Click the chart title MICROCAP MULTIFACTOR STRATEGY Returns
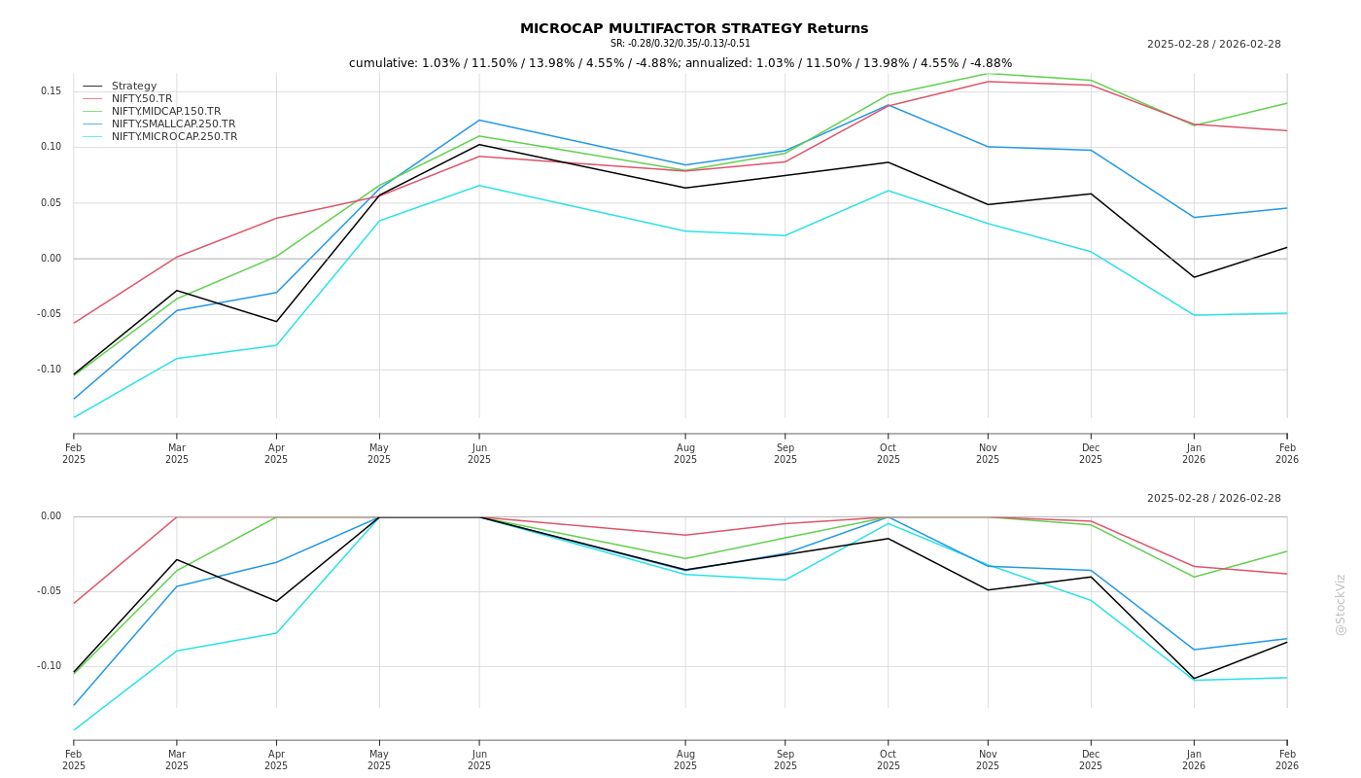[694, 29]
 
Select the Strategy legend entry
[134, 87]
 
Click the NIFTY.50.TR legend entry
[142, 99]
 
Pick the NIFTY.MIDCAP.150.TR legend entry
[166, 112]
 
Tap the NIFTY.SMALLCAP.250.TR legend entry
[173, 124]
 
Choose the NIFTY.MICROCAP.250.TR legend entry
[174, 137]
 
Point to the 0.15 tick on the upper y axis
[51, 91]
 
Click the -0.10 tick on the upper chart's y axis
[49, 370]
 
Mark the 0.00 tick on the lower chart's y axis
[51, 516]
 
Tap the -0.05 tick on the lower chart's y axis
[49, 591]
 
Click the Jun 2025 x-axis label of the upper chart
[479, 454]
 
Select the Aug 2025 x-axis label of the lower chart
[685, 760]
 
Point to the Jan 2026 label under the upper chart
[1194, 454]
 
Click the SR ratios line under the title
[680, 44]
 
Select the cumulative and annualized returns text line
[680, 63]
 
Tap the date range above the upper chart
[1214, 45]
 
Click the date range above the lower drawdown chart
[1214, 499]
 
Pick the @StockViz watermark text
[1341, 604]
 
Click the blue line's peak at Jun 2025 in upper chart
[479, 121]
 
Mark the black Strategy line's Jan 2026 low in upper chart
[1194, 277]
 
